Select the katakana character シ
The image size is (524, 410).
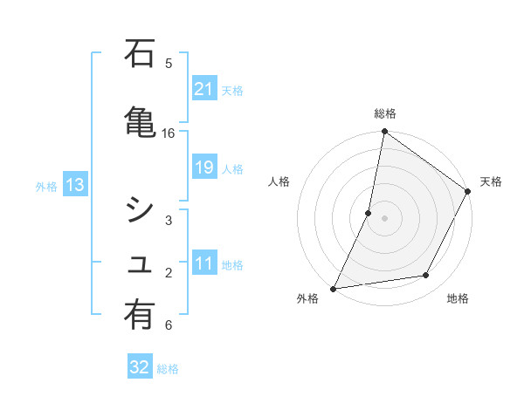click(140, 209)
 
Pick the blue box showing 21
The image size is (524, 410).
click(203, 88)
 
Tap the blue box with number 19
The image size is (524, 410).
click(203, 167)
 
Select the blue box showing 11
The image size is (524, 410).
click(203, 263)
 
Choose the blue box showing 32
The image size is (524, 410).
click(139, 367)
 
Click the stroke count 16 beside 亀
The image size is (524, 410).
click(169, 133)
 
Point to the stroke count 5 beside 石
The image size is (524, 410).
click(169, 63)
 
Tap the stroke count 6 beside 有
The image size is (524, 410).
click(169, 325)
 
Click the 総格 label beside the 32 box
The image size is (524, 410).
click(168, 369)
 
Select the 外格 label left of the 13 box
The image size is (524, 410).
click(46, 186)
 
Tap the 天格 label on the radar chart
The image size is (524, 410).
click(491, 181)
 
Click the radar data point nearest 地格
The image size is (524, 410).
click(426, 276)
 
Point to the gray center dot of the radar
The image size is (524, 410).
click(384, 218)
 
